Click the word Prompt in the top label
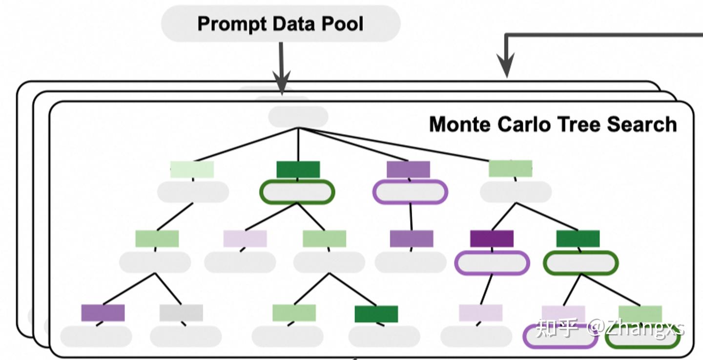coord(231,23)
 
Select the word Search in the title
coord(641,125)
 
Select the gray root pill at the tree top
coord(298,117)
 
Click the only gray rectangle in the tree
coord(181,313)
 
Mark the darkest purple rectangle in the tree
coord(492,238)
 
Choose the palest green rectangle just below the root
coord(192,169)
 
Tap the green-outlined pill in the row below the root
coord(297,191)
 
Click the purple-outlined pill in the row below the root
coord(410,191)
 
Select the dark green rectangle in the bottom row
coord(376,314)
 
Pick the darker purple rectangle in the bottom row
coord(103,313)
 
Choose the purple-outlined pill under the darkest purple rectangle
coord(492,263)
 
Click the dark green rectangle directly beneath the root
coord(298,169)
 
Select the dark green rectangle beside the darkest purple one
coord(578,238)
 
